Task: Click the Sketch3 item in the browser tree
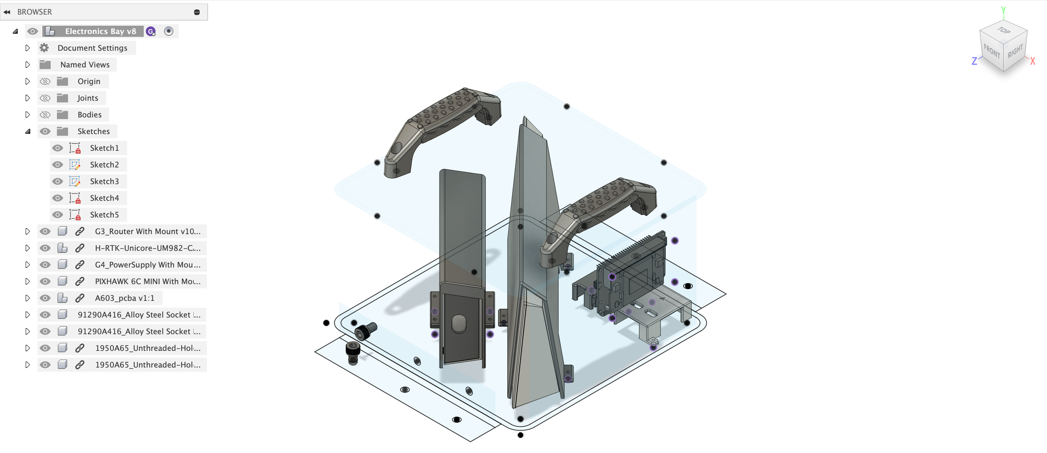104,181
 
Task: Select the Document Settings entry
92,48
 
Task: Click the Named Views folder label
85,65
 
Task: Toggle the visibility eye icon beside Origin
45,81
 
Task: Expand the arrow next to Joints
28,98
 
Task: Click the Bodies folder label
90,115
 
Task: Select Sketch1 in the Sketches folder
104,148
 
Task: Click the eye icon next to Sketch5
57,215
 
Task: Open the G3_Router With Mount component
147,231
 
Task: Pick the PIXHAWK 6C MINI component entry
147,282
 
